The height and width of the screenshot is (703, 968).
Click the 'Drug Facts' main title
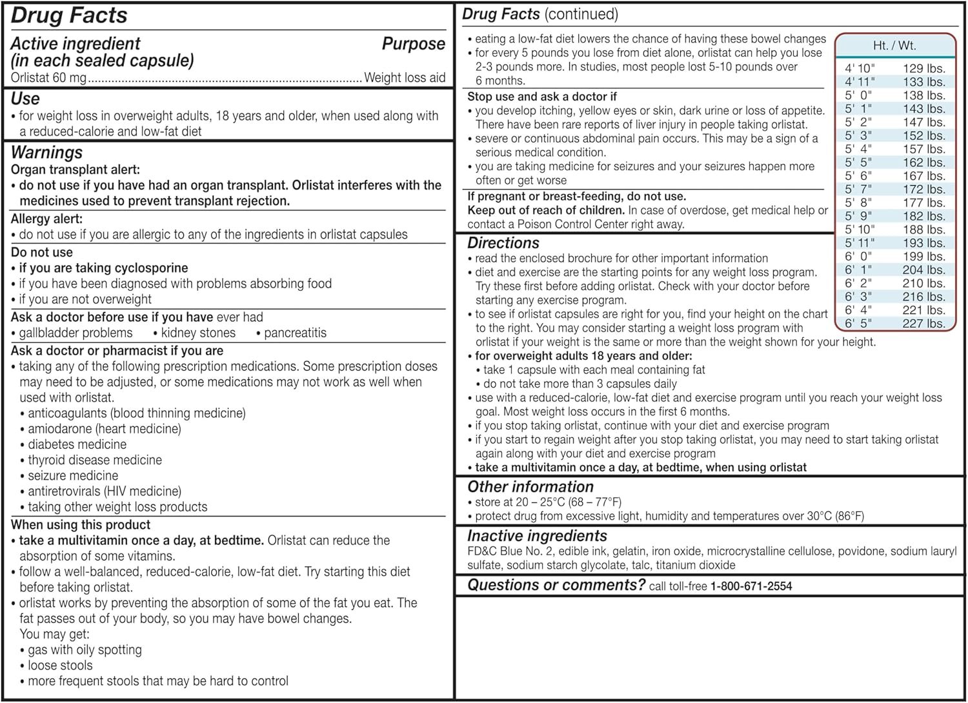pyautogui.click(x=70, y=16)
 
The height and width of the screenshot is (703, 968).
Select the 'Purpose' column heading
pyautogui.click(x=413, y=44)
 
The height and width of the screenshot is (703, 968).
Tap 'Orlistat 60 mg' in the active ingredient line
pyautogui.click(x=48, y=78)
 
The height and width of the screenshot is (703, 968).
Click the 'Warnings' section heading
pyautogui.click(x=46, y=153)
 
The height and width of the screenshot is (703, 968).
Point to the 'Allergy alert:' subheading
pyautogui.click(x=46, y=219)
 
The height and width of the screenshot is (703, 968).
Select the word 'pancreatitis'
pyautogui.click(x=295, y=333)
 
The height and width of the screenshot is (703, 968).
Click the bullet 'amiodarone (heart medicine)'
pyautogui.click(x=104, y=429)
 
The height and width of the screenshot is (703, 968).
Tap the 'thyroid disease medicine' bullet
pyautogui.click(x=94, y=460)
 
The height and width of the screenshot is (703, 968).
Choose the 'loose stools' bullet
pyautogui.click(x=60, y=666)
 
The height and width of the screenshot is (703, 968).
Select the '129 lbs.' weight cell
pyautogui.click(x=923, y=68)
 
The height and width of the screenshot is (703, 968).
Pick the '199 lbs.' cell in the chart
pyautogui.click(x=923, y=257)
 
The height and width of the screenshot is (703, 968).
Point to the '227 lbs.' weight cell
pyautogui.click(x=923, y=324)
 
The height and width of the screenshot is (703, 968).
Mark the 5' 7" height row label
pyautogui.click(x=858, y=190)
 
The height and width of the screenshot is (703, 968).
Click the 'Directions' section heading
pyautogui.click(x=503, y=243)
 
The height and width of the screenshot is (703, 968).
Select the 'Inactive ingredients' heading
pyautogui.click(x=537, y=536)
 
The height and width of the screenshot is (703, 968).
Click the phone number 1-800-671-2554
pyautogui.click(x=751, y=586)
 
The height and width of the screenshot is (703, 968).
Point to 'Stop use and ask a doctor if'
pyautogui.click(x=542, y=97)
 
